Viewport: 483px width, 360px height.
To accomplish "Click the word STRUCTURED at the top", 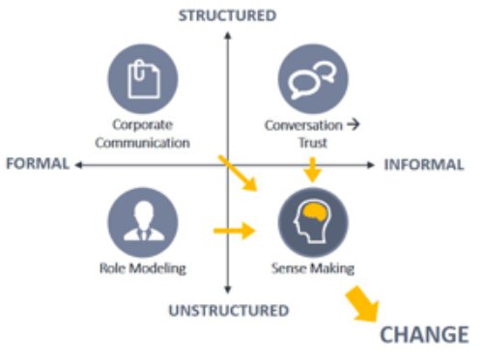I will (228, 14).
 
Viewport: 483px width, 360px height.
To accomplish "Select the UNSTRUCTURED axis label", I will (228, 310).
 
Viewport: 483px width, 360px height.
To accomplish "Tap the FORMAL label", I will (37, 164).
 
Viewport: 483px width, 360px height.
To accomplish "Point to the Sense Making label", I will (311, 268).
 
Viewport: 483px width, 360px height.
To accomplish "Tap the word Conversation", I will (302, 125).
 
